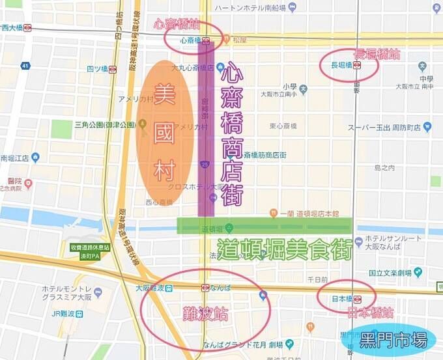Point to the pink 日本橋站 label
point(370,313)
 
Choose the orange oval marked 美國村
point(165,133)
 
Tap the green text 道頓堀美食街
point(285,250)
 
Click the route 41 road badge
point(25,66)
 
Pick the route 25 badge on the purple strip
point(205,166)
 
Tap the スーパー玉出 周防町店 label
point(384,128)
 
